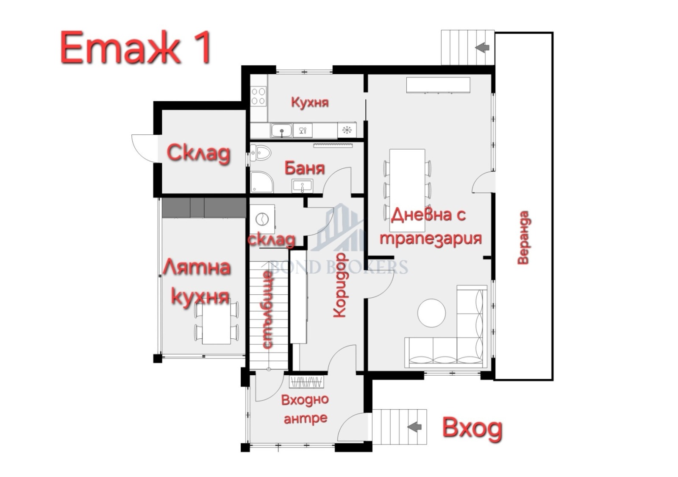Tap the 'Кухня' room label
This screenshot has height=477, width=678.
pyautogui.click(x=310, y=102)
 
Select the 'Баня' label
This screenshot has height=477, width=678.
pyautogui.click(x=305, y=168)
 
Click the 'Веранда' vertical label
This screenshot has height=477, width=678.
pyautogui.click(x=523, y=237)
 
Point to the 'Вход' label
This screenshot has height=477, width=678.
pyautogui.click(x=472, y=428)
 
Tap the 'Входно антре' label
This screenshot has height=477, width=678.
pyautogui.click(x=305, y=409)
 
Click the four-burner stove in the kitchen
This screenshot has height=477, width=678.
pyautogui.click(x=258, y=96)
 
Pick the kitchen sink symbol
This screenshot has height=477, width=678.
pyautogui.click(x=281, y=131)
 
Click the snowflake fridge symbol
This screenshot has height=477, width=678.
pyautogui.click(x=347, y=130)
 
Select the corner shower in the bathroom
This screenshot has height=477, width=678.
pyautogui.click(x=261, y=182)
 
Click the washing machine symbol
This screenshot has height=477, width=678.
pyautogui.click(x=262, y=219)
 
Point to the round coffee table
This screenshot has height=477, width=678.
pyautogui.click(x=431, y=313)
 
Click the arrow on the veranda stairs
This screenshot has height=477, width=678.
pyautogui.click(x=482, y=47)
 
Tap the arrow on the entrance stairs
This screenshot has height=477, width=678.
pyautogui.click(x=414, y=427)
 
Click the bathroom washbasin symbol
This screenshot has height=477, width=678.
pyautogui.click(x=302, y=186)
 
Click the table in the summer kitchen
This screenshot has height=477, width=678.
pyautogui.click(x=217, y=321)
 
